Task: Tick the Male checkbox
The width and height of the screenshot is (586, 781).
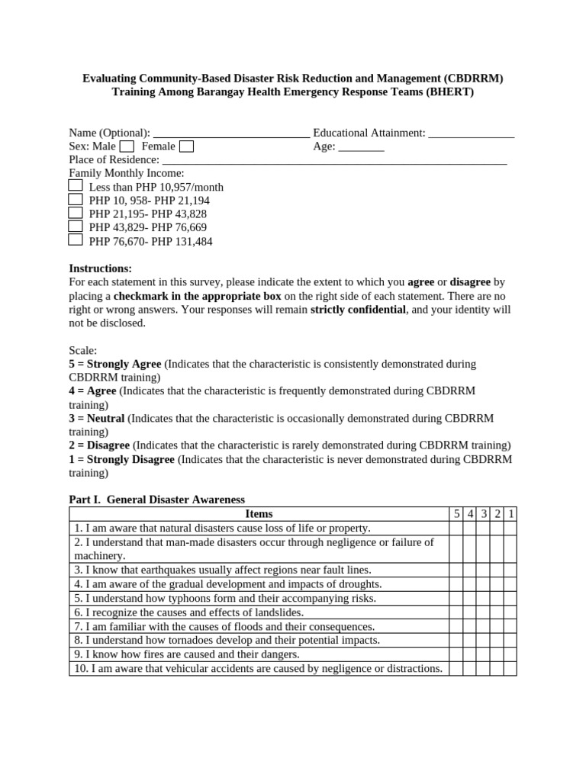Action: tap(127, 146)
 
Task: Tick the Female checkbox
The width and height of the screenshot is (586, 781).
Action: tap(186, 146)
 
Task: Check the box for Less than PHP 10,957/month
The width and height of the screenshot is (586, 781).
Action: tap(76, 185)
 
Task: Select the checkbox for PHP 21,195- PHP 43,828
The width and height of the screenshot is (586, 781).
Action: tap(76, 213)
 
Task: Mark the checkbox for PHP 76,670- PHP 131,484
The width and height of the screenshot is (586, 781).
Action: tap(76, 239)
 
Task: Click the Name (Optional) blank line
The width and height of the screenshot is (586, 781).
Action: tap(231, 134)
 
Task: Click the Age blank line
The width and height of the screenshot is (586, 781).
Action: tap(361, 147)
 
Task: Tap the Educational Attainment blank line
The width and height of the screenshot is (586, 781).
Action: tap(471, 134)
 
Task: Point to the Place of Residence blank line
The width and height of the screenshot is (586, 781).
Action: tap(335, 161)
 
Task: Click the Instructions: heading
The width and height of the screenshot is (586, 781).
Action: tap(101, 268)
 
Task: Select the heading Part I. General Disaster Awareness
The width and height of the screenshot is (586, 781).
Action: tap(157, 500)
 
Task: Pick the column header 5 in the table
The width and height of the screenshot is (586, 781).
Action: tap(456, 514)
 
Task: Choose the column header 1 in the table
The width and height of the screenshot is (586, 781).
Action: tap(510, 514)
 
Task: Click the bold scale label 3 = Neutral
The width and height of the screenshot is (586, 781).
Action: tap(97, 418)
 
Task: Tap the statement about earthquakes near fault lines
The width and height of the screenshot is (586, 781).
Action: tap(223, 570)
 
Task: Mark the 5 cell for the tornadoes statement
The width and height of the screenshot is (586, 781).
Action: tap(456, 640)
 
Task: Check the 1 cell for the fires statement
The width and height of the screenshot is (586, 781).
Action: tap(510, 654)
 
